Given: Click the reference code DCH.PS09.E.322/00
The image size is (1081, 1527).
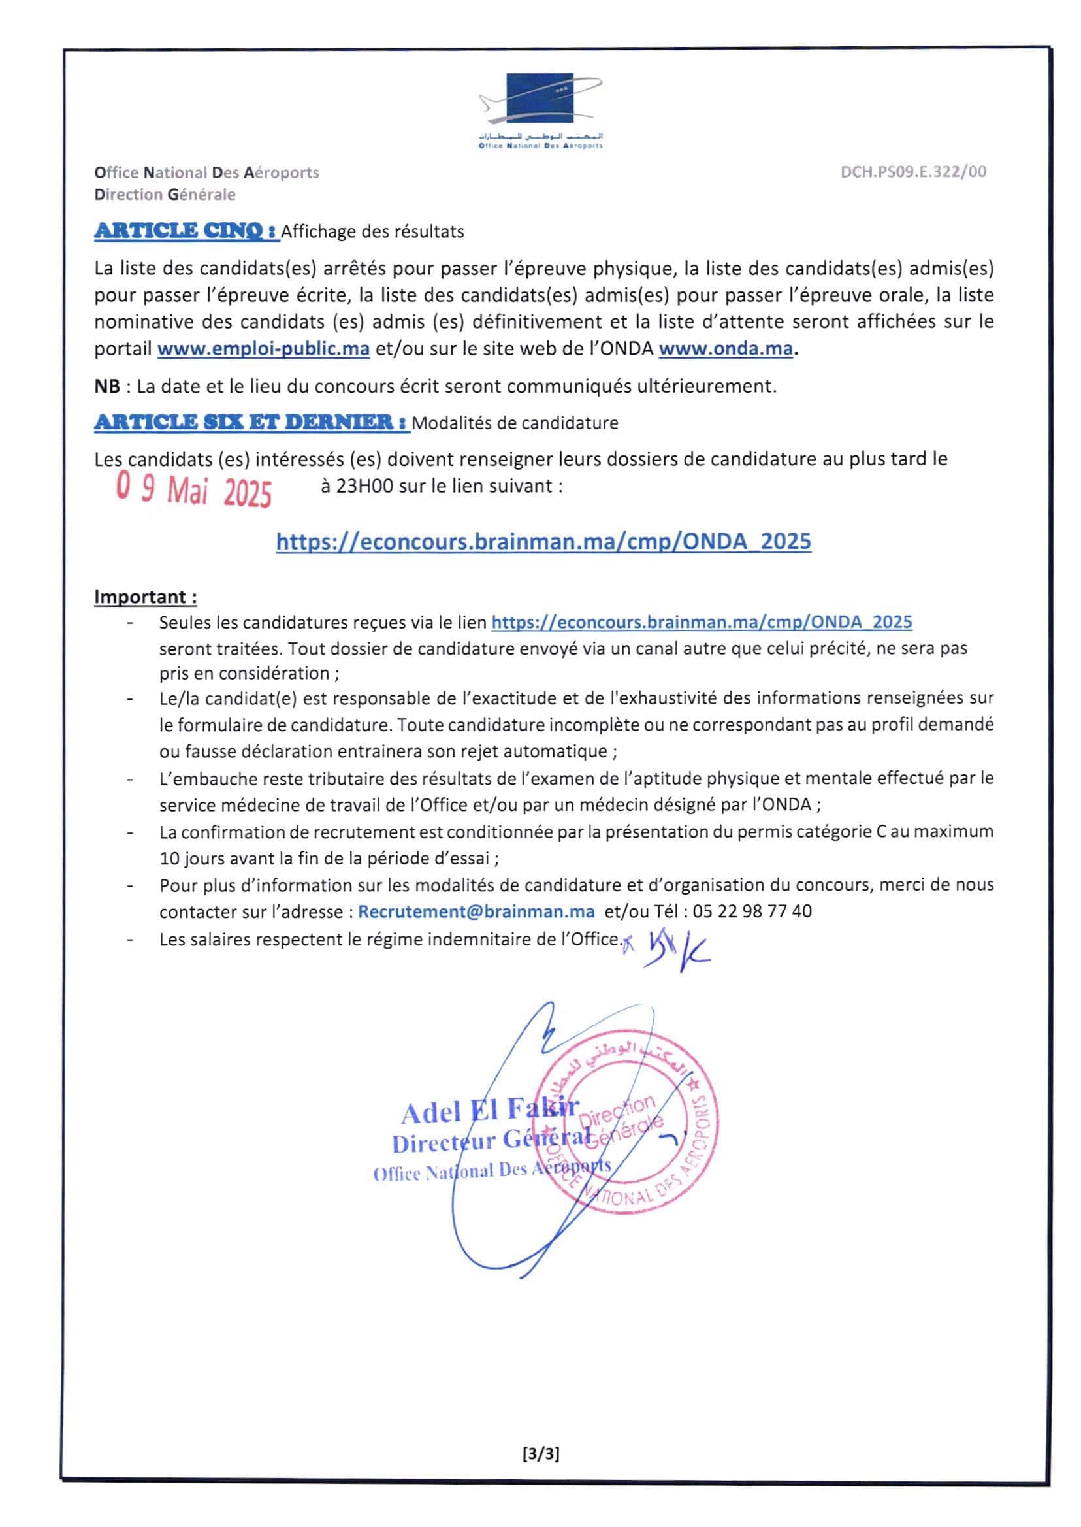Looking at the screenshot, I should [x=912, y=172].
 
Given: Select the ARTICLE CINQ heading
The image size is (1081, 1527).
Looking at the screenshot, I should [x=186, y=231].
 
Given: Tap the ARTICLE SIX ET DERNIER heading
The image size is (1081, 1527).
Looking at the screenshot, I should [x=251, y=422].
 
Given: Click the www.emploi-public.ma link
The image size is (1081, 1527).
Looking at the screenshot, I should [x=263, y=348].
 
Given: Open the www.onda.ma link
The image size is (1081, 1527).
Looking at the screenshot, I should [x=725, y=348].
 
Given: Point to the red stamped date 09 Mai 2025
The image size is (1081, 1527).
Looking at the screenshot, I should [x=193, y=489].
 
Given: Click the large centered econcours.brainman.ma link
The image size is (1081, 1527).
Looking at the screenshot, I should [x=543, y=541].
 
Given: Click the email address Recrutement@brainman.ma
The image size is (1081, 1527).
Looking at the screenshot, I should [x=476, y=911].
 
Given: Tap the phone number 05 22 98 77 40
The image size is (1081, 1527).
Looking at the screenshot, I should [x=752, y=911].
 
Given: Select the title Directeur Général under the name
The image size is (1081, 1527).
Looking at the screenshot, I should [x=491, y=1141].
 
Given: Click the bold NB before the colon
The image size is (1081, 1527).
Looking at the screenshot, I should [x=107, y=386].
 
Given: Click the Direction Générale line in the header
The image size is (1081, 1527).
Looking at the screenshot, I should [x=165, y=195].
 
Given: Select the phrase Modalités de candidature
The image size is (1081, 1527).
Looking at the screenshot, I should [x=515, y=423].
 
